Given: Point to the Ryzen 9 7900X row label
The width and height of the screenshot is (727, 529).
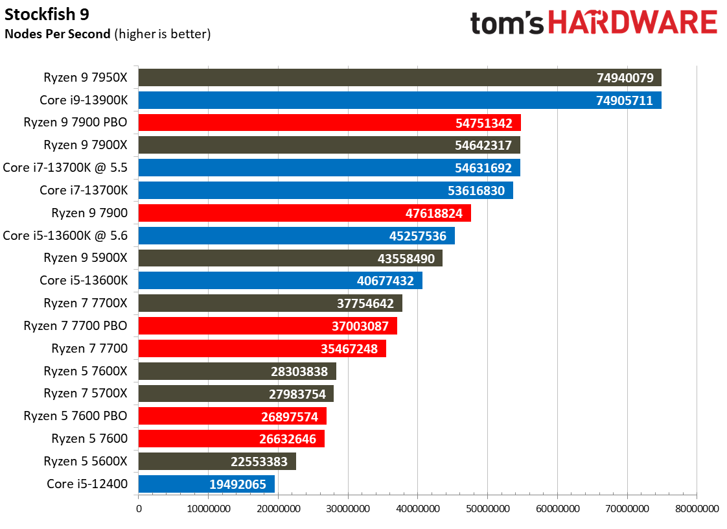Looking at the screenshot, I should [86, 145].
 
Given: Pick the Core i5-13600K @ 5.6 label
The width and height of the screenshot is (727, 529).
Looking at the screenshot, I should [65, 235].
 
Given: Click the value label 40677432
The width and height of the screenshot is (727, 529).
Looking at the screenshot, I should [386, 281].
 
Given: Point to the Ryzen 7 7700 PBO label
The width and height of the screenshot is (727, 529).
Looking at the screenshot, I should [75, 325].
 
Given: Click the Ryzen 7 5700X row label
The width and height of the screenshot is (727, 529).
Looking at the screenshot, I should [86, 394].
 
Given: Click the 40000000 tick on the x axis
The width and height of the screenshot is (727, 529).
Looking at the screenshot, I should [417, 510].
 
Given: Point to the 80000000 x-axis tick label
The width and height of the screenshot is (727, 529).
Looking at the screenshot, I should [697, 510].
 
